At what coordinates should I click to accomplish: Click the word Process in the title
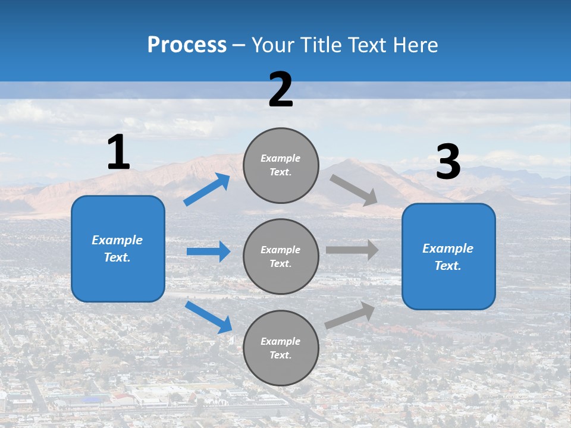187,45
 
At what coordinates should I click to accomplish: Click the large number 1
118,152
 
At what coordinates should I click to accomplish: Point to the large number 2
281,90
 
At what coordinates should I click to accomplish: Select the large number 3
448,162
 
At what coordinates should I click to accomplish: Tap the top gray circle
281,165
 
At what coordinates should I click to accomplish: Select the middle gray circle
281,256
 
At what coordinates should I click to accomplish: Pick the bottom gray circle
281,348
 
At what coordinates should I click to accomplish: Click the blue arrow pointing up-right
207,190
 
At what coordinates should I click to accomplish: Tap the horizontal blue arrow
208,251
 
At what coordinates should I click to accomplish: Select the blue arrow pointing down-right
208,316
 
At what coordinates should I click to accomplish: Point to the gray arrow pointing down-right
354,190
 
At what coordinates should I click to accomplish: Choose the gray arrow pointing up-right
350,316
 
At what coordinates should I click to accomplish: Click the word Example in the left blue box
117,240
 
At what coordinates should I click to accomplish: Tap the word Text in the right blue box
447,266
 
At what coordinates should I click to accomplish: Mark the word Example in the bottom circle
280,341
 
